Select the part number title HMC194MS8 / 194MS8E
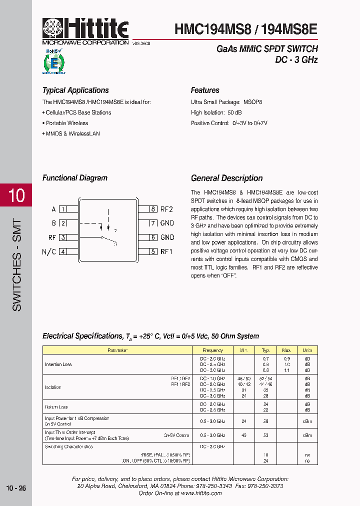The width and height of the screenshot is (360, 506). point(246,29)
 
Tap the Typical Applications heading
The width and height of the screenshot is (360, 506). point(75,90)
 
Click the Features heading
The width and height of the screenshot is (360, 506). point(205,90)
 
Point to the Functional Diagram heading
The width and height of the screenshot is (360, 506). point(75,178)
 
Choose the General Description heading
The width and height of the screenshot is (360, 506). point(226,178)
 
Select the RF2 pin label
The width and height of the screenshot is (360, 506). point(166,209)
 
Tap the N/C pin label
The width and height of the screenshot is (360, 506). point(49,251)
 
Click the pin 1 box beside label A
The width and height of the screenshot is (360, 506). point(63,209)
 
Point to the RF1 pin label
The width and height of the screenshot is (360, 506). point(166,251)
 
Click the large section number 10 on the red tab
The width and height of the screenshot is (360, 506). point(16,195)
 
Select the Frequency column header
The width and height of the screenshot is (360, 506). point(212,350)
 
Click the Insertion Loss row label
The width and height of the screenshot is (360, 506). point(58,364)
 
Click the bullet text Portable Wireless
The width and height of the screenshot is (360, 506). point(66,123)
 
